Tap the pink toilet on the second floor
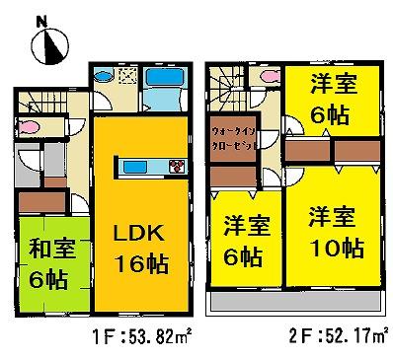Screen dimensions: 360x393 (259, 79)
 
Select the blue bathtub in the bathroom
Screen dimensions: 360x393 (160, 80)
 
